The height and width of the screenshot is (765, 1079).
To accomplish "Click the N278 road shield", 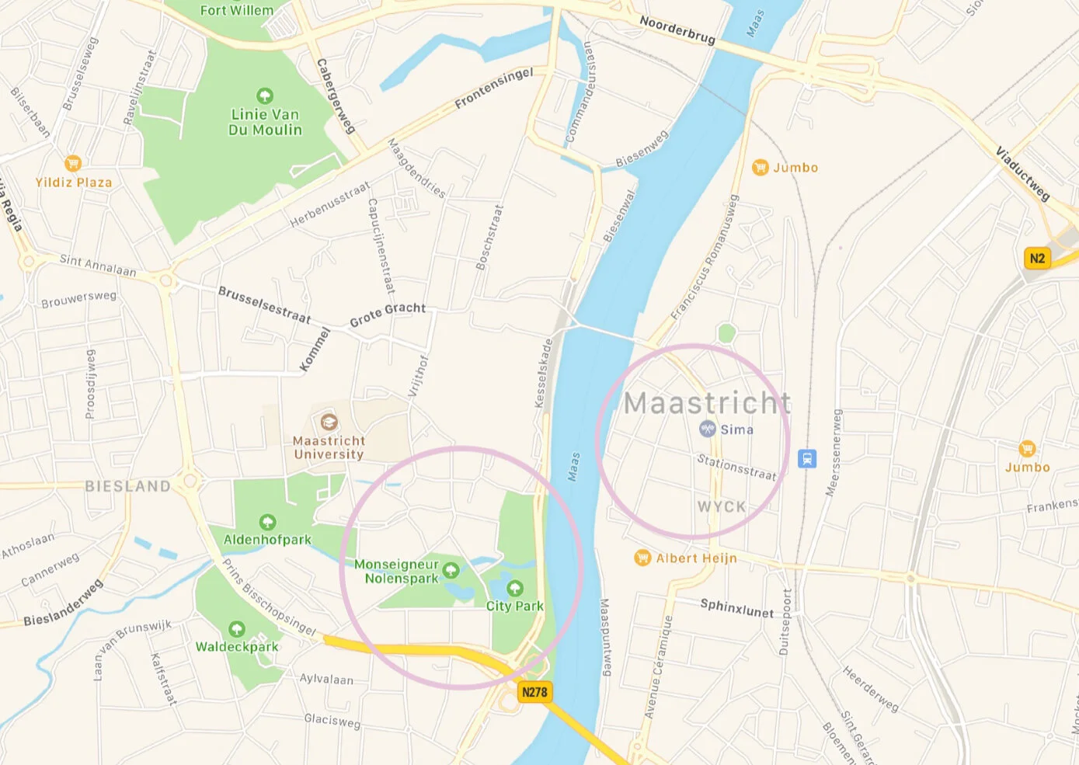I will click(x=534, y=692).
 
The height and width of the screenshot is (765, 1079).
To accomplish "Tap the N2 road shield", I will click(x=1037, y=259).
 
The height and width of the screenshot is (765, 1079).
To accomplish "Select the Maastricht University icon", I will click(x=329, y=422).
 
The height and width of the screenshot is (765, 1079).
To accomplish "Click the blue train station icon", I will click(x=807, y=458).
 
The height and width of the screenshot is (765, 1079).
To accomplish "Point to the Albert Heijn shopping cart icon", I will click(x=642, y=558).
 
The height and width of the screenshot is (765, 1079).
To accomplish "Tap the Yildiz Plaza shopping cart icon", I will click(x=73, y=163).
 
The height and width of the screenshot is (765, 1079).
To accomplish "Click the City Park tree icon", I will click(x=514, y=588).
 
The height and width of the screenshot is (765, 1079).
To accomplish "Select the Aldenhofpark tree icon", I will click(x=267, y=522).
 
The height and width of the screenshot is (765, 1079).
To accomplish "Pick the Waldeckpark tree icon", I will click(x=237, y=629).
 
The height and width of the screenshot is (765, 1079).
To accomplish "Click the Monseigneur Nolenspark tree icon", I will click(x=451, y=572).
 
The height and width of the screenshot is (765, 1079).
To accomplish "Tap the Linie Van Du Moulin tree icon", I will click(x=265, y=96).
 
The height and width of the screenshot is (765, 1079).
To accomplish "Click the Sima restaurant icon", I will click(x=707, y=429).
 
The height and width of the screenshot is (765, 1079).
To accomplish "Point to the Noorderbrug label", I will click(x=677, y=30).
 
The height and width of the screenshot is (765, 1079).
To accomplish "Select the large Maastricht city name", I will click(x=708, y=403).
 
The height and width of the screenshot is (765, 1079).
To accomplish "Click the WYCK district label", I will click(x=722, y=506).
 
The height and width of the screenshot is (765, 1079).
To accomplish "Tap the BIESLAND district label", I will click(x=127, y=486).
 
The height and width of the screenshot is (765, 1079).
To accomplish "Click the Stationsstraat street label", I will click(x=736, y=468).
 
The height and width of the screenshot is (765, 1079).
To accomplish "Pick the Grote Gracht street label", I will click(x=388, y=314).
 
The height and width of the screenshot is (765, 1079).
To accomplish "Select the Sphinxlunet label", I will click(x=736, y=608).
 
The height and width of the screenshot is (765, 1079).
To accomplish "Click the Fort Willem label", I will click(x=237, y=10).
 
